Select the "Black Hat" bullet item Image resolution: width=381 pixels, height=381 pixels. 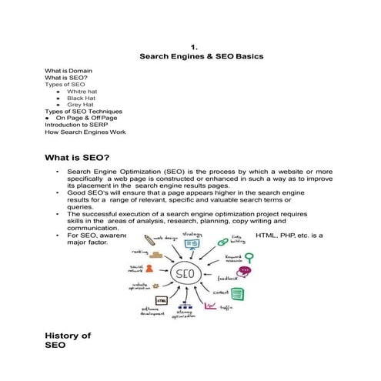82,99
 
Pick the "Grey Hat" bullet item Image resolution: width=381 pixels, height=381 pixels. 81,105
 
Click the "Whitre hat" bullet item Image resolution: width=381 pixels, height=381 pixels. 83,92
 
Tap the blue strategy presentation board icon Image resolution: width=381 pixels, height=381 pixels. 192,244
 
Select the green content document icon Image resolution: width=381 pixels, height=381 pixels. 239,293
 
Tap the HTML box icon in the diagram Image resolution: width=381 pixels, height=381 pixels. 162,300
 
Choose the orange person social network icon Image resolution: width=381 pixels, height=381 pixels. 149,269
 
